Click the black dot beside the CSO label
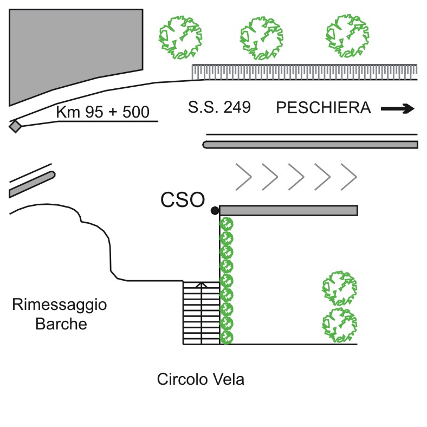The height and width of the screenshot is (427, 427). click(215, 210)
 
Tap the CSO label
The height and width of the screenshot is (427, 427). click(183, 200)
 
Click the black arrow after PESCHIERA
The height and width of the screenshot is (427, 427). click(398, 109)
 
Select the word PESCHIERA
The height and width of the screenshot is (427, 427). click(324, 108)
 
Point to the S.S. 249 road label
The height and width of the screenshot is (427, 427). click(219, 107)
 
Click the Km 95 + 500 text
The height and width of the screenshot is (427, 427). click(102, 113)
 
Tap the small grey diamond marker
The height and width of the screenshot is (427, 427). click(16, 126)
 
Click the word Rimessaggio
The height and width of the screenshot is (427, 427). click(60, 305)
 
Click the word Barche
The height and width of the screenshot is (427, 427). click(61, 324)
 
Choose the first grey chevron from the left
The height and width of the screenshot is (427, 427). click(244, 176)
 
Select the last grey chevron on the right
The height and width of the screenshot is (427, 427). click(350, 176)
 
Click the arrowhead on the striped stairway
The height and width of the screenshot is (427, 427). click(201, 284)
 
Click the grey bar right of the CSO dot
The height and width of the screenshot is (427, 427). click(288, 210)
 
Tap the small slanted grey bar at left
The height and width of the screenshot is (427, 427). click(32, 184)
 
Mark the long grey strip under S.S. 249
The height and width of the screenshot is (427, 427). click(311, 145)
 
